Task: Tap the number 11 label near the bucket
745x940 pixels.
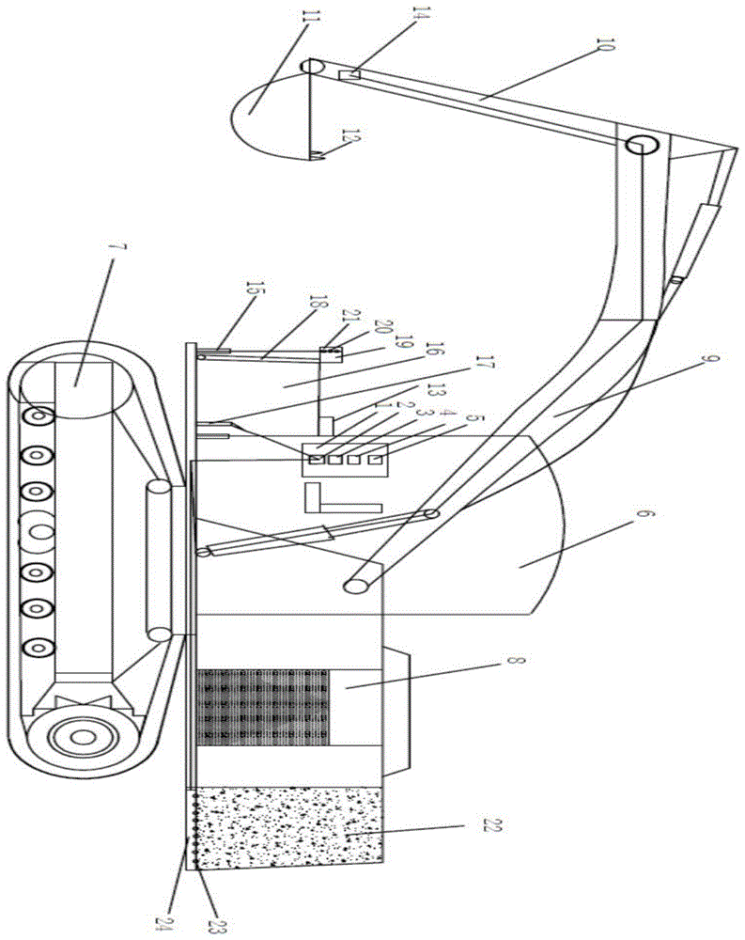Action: pyautogui.click(x=310, y=16)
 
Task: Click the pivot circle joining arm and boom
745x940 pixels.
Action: pyautogui.click(x=641, y=145)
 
